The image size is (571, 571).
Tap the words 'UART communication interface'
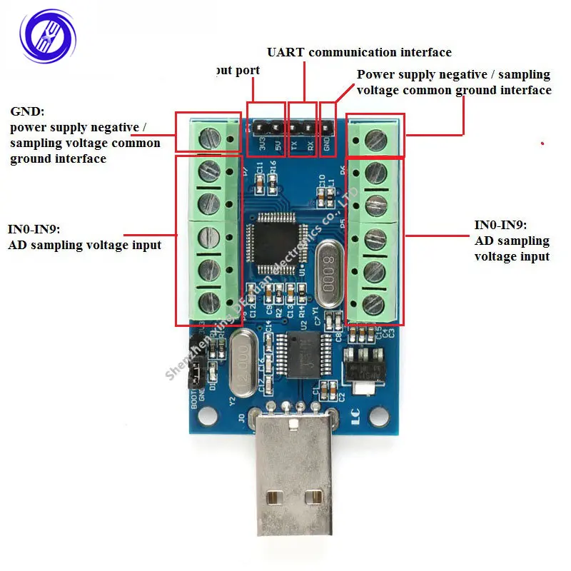click(359, 52)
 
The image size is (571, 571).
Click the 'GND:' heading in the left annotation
click(27, 112)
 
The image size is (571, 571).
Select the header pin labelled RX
click(309, 126)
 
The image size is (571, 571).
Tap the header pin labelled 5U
click(275, 126)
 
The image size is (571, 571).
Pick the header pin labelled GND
click(328, 126)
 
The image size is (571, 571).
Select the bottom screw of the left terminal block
click(208, 301)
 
